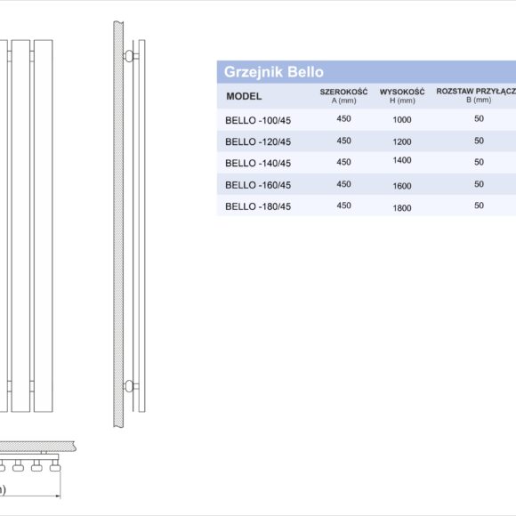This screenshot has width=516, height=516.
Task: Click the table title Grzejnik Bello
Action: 274,72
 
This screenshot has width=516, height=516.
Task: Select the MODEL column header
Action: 244,96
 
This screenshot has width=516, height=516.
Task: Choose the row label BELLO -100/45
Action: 258,119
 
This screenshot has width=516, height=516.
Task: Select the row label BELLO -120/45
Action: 258,141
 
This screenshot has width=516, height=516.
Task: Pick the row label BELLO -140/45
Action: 258,163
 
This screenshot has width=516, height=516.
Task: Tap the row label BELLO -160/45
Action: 258,185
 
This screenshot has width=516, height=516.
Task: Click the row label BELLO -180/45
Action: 258,206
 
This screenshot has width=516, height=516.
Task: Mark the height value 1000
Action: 402,120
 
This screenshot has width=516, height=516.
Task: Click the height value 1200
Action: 402,141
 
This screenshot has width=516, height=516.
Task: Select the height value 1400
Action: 402,160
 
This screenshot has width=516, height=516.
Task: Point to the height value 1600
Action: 402,186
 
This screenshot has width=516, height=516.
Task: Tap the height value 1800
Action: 402,208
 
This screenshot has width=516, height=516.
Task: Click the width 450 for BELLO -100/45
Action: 343,117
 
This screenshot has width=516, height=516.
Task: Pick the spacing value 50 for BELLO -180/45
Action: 479,206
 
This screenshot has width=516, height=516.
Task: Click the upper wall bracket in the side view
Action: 130,57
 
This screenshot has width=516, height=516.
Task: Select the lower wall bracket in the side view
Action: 130,385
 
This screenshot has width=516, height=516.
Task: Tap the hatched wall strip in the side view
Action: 117,222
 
